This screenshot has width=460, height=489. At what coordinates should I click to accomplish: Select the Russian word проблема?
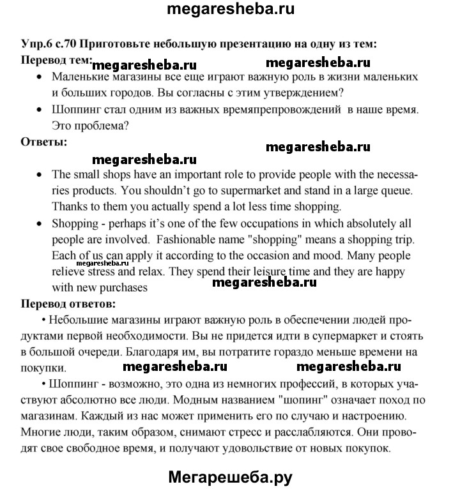tap(105, 126)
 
